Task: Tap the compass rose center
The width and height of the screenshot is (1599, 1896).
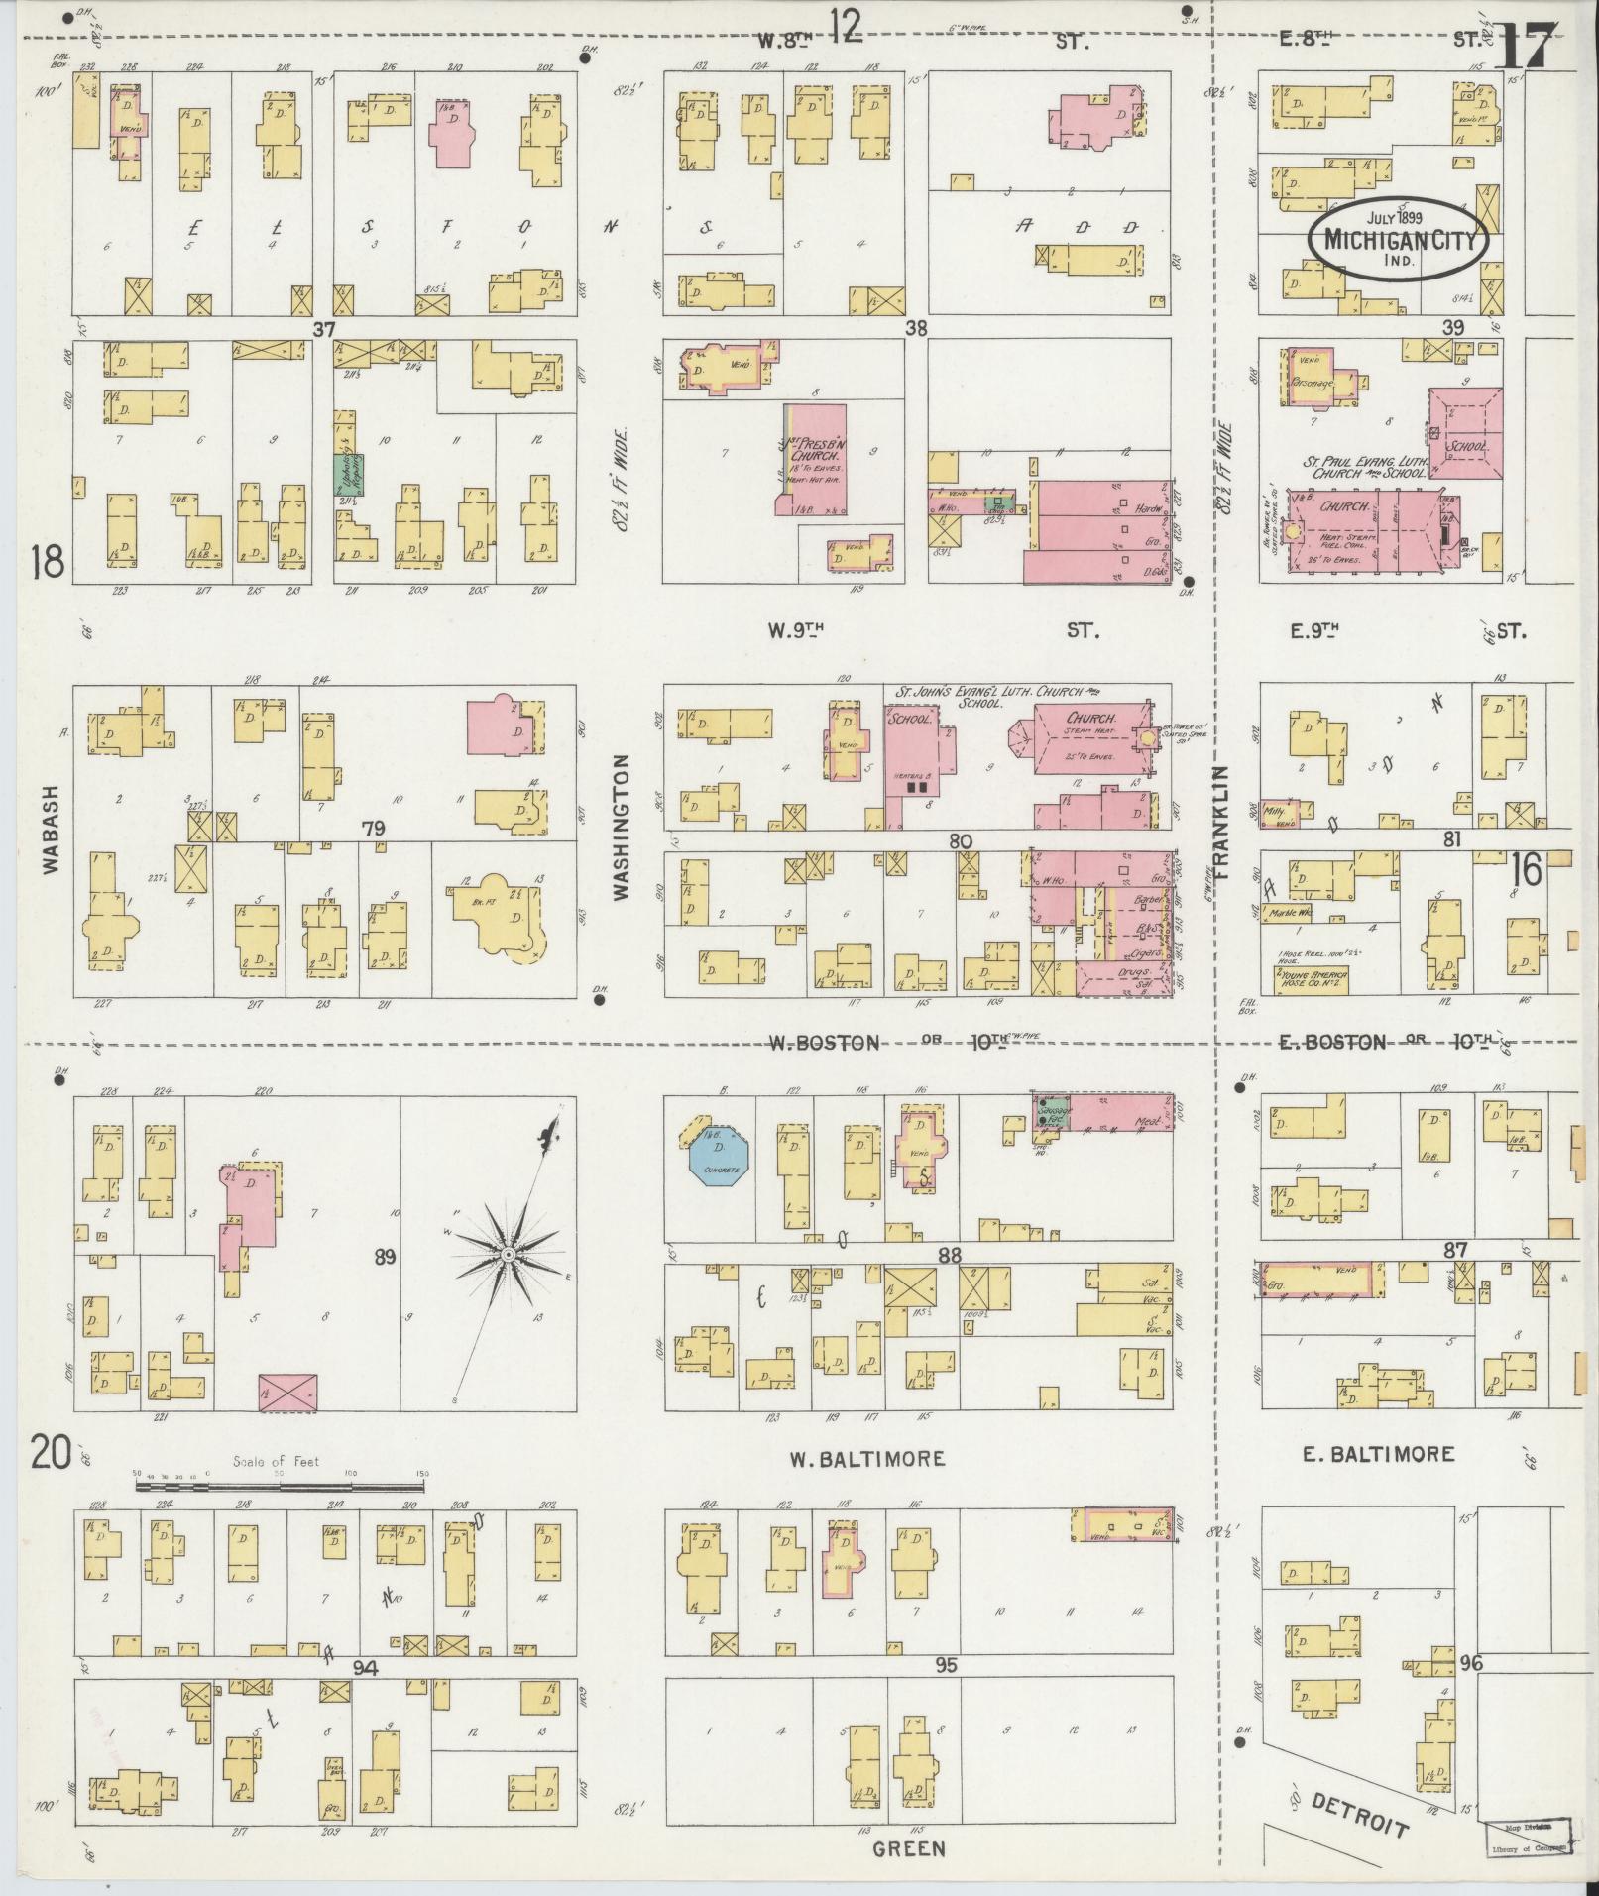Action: (x=508, y=1255)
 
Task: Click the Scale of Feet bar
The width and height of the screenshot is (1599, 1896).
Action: (x=280, y=1487)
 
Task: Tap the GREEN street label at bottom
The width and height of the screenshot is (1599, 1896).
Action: (x=909, y=1849)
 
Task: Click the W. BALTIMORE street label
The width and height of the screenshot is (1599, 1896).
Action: (x=866, y=1459)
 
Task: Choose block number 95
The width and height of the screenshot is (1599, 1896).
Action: (x=946, y=1666)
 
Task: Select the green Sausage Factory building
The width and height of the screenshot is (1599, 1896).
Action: (x=1054, y=1113)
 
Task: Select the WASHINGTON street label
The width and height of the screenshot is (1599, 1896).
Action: (x=622, y=829)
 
